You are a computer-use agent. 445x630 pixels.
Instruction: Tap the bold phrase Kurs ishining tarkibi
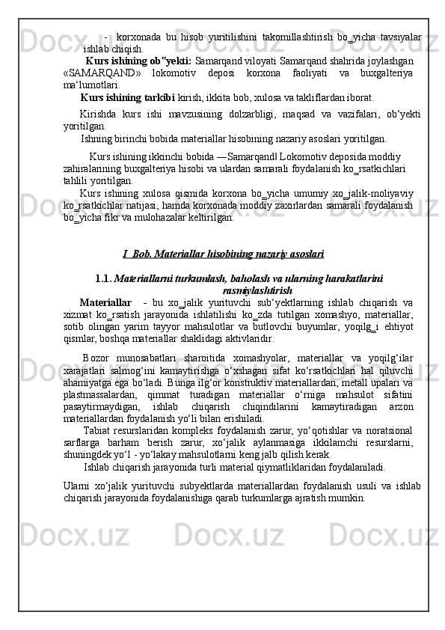coord(127,97)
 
